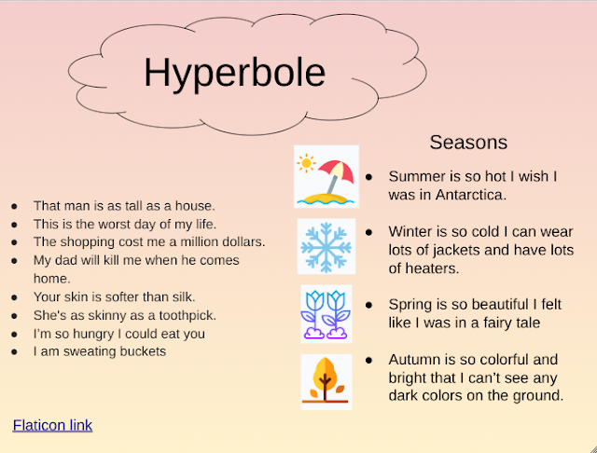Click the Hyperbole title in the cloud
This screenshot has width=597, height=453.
pos(234,73)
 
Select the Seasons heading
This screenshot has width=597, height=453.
pos(468,143)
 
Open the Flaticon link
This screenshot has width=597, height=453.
pos(52,425)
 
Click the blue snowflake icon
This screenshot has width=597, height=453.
pos(326,246)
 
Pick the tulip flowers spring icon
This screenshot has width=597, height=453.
pos(326,313)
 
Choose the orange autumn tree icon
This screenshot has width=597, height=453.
pos(326,380)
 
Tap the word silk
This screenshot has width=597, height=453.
pos(181,296)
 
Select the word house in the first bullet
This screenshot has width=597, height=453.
pos(195,206)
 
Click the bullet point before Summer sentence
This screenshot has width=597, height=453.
pos(369,176)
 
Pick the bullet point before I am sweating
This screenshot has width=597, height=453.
pos(14,352)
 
